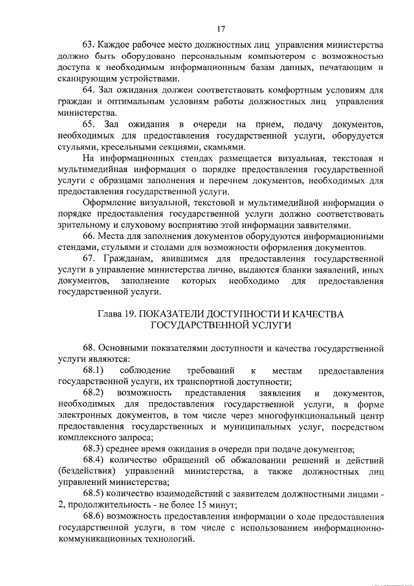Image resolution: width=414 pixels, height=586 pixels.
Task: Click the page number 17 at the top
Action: pyautogui.click(x=221, y=29)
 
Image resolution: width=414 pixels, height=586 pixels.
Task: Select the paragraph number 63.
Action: pyautogui.click(x=88, y=45)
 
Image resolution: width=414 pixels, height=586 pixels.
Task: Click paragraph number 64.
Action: pyautogui.click(x=88, y=90)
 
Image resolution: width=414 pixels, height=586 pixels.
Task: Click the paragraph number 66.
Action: pyautogui.click(x=88, y=236)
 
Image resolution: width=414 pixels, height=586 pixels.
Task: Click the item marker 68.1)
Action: pyautogui.click(x=93, y=370)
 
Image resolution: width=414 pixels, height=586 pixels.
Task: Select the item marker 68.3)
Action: pyautogui.click(x=93, y=449)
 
